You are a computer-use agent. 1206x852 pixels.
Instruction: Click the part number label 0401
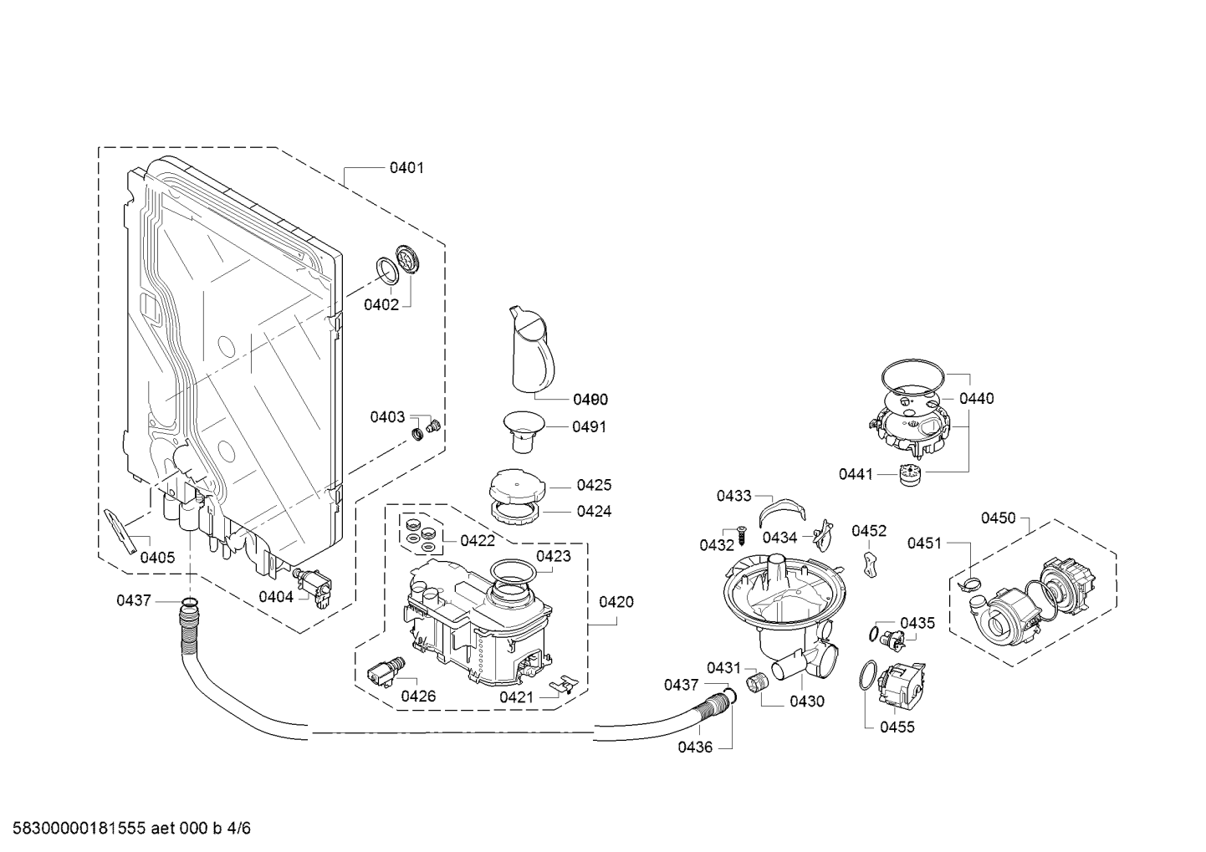click(406, 168)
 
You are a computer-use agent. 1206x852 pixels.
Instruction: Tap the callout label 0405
click(157, 558)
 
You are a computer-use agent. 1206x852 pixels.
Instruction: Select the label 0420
click(616, 602)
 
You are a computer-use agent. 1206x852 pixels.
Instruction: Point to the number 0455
click(897, 727)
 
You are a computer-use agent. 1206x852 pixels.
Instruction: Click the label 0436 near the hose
click(695, 747)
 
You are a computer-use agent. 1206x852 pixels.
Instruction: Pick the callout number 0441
click(856, 474)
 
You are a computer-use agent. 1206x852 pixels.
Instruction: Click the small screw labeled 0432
click(741, 534)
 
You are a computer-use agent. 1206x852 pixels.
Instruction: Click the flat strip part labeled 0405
click(120, 531)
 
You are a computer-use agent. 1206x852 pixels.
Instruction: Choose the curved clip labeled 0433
click(782, 512)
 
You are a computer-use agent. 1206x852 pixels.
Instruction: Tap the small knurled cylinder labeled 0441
click(911, 475)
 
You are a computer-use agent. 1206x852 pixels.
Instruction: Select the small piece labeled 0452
click(870, 564)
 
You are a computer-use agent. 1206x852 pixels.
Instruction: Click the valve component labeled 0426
click(386, 671)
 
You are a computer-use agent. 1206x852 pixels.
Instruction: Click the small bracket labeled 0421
click(562, 685)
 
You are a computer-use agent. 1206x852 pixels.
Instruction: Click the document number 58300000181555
click(79, 829)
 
